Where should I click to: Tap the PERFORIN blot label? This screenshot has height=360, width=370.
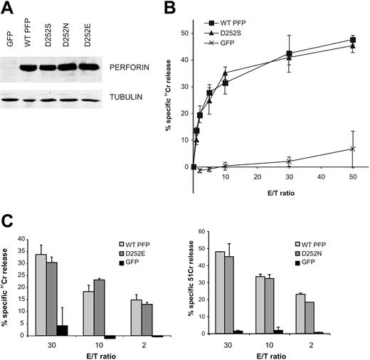125,69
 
